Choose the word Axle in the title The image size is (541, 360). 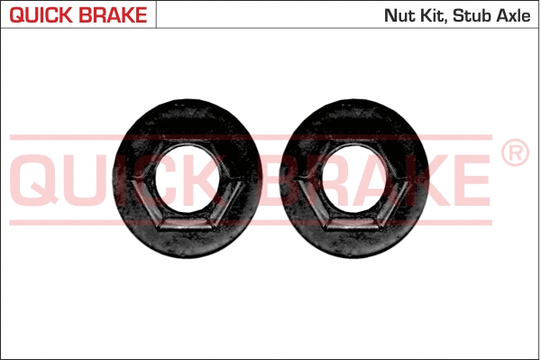coord(515,15)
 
